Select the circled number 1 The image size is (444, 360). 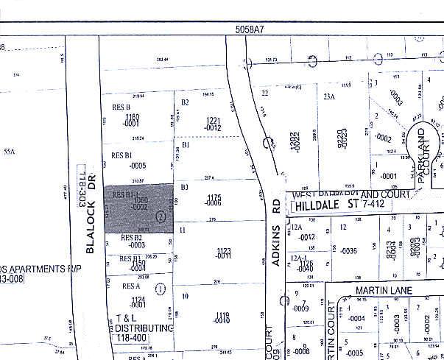160,289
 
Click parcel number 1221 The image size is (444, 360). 214,120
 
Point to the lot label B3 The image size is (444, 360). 185,188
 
